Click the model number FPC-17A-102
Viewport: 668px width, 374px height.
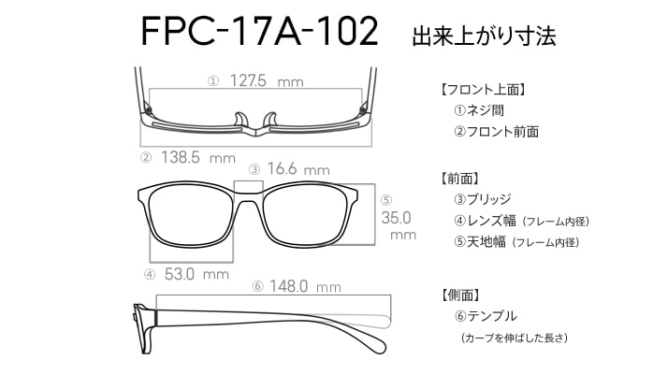[x=259, y=33]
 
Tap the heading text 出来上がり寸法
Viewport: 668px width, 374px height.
[x=484, y=36]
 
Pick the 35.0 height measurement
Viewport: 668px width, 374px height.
[x=398, y=217]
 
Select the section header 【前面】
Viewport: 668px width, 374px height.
[x=459, y=178]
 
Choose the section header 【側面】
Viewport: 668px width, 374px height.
[x=459, y=295]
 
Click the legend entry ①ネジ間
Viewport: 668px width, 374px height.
[x=478, y=111]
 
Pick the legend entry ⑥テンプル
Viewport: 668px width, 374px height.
[x=486, y=316]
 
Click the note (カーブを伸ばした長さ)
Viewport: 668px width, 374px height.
[x=515, y=338]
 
